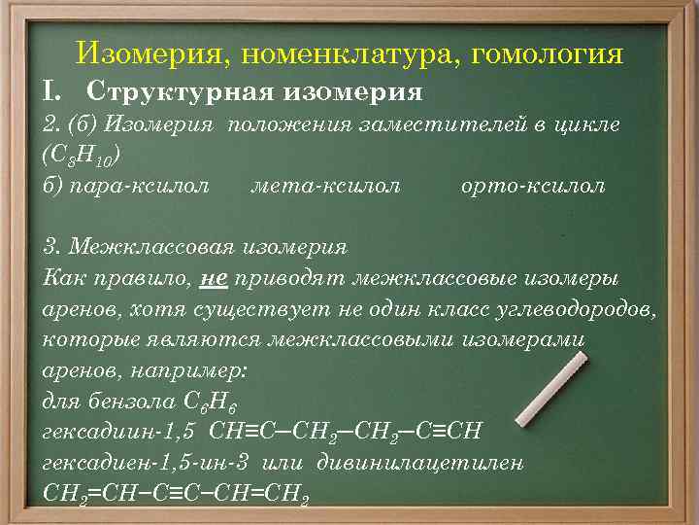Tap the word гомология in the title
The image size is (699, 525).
(x=546, y=52)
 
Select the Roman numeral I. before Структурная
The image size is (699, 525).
(x=53, y=92)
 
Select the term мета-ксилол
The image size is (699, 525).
(x=324, y=185)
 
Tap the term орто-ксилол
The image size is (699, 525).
(x=533, y=185)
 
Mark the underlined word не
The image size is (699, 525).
(x=214, y=278)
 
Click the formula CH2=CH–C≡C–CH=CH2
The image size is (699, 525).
(x=177, y=494)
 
